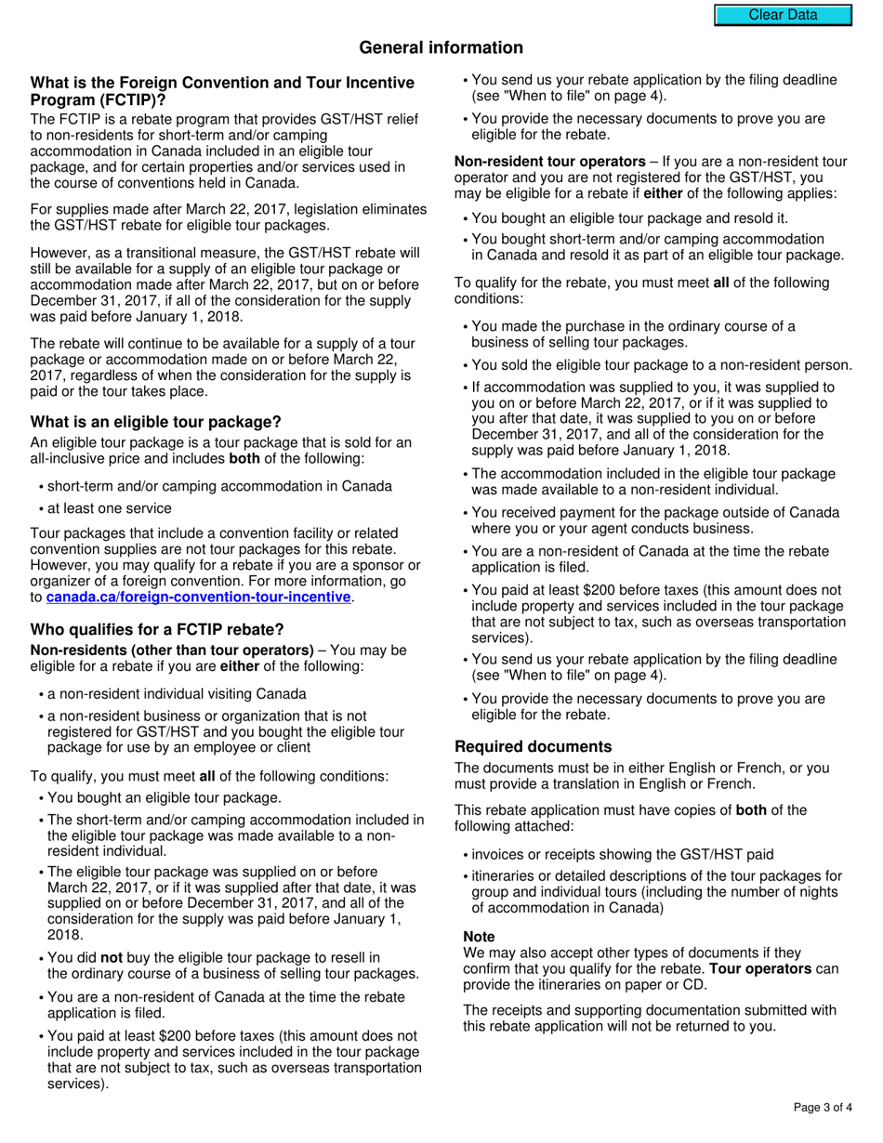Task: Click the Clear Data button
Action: pyautogui.click(x=783, y=15)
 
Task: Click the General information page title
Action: pyautogui.click(x=441, y=47)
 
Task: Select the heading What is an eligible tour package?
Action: pyautogui.click(x=155, y=422)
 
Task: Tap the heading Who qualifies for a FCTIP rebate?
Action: pyautogui.click(x=157, y=629)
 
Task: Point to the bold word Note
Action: pyautogui.click(x=479, y=937)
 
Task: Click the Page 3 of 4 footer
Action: pyautogui.click(x=823, y=1107)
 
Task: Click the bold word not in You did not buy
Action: pyautogui.click(x=112, y=957)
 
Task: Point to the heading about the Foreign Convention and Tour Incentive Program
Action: pyautogui.click(x=222, y=91)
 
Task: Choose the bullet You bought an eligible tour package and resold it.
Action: pyautogui.click(x=629, y=218)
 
